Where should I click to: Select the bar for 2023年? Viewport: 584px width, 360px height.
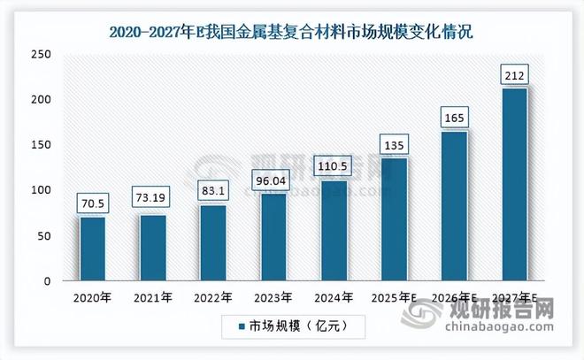(274, 237)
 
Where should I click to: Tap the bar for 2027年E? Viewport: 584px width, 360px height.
(514, 184)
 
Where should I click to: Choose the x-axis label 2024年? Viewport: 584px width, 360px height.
(334, 297)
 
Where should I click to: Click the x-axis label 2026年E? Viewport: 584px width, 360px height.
(455, 298)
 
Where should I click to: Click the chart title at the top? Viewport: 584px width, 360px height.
(291, 34)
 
